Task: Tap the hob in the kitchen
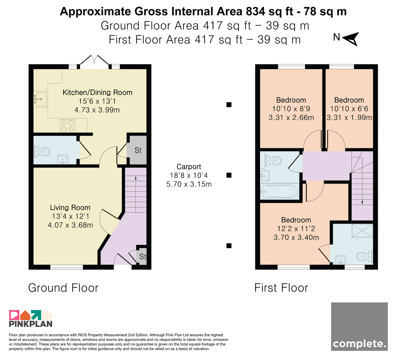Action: [x=67, y=125]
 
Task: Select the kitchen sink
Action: [x=40, y=99]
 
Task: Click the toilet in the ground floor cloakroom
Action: [x=42, y=152]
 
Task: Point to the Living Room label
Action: [x=70, y=207]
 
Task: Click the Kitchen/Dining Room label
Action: [x=97, y=92]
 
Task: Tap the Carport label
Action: [x=189, y=167]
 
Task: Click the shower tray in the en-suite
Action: [x=362, y=231]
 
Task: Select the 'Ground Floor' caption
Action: [x=63, y=288]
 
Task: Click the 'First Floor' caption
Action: [x=281, y=288]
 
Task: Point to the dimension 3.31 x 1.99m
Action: [x=349, y=117]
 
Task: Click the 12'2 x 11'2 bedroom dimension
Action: [x=296, y=229]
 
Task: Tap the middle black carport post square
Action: [x=229, y=175]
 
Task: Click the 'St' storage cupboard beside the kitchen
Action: [x=138, y=150]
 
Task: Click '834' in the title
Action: [x=255, y=11]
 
